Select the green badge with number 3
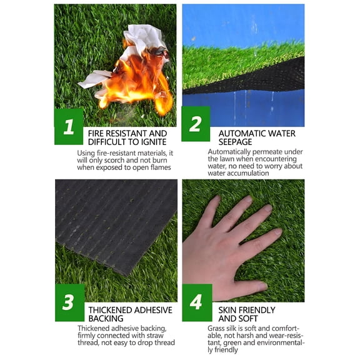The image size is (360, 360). (69, 302)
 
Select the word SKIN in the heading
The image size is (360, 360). (228, 310)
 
